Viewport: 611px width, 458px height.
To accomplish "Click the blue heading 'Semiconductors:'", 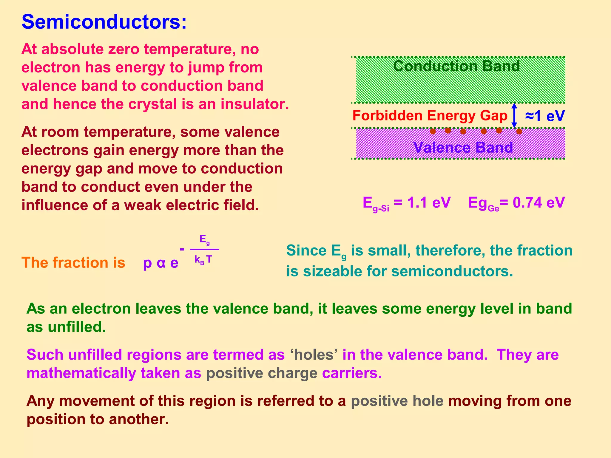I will (x=104, y=22).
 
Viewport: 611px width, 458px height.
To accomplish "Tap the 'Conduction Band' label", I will (x=456, y=66).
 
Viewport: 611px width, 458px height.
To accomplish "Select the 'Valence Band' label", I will (x=463, y=147).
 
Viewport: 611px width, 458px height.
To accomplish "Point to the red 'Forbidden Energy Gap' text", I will (x=430, y=116).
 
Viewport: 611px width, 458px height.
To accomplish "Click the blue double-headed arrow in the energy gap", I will (x=514, y=115).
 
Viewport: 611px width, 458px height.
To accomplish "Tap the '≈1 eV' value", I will (x=545, y=116).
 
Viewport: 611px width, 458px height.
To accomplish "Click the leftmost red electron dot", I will (x=433, y=131).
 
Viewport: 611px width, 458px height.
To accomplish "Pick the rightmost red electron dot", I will (x=519, y=131).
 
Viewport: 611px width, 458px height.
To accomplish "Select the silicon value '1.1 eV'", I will (x=429, y=203).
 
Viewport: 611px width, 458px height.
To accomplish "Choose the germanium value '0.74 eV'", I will (x=539, y=203).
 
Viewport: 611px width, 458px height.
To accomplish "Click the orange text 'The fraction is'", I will (x=73, y=263).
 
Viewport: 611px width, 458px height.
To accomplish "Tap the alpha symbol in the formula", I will (x=161, y=263).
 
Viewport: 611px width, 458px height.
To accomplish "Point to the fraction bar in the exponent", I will (x=204, y=249).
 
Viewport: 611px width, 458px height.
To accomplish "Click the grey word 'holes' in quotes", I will (x=314, y=355).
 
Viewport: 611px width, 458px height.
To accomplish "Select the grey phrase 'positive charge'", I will (x=262, y=373).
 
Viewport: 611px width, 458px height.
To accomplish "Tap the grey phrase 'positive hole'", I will (x=397, y=401).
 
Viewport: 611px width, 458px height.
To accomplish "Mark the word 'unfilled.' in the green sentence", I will (x=77, y=327).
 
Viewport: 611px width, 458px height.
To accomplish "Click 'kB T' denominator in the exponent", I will (x=203, y=260).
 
